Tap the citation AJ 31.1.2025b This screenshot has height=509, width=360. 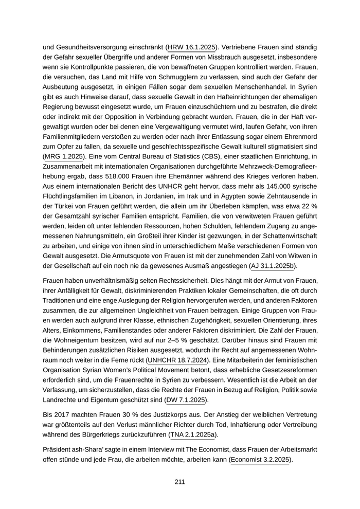coord(273,266)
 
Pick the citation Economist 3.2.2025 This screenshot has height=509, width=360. coord(261,460)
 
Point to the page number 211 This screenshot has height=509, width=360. coord(179,482)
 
